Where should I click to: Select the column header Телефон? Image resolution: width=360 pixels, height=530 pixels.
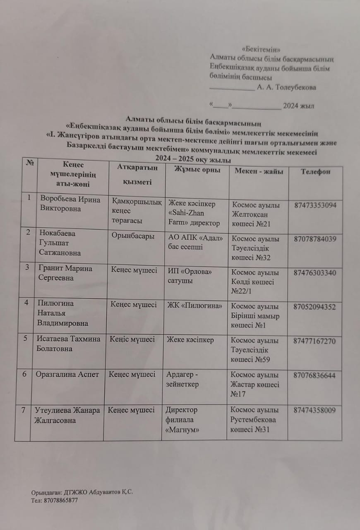pos(315,171)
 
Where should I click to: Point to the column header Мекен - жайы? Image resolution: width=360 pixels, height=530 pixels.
pos(259,171)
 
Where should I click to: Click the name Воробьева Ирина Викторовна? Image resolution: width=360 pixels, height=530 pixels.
pos(70,204)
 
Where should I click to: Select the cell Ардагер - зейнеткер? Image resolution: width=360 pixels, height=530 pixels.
pos(182,379)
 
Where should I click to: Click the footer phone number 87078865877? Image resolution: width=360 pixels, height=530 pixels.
pos(60,500)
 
